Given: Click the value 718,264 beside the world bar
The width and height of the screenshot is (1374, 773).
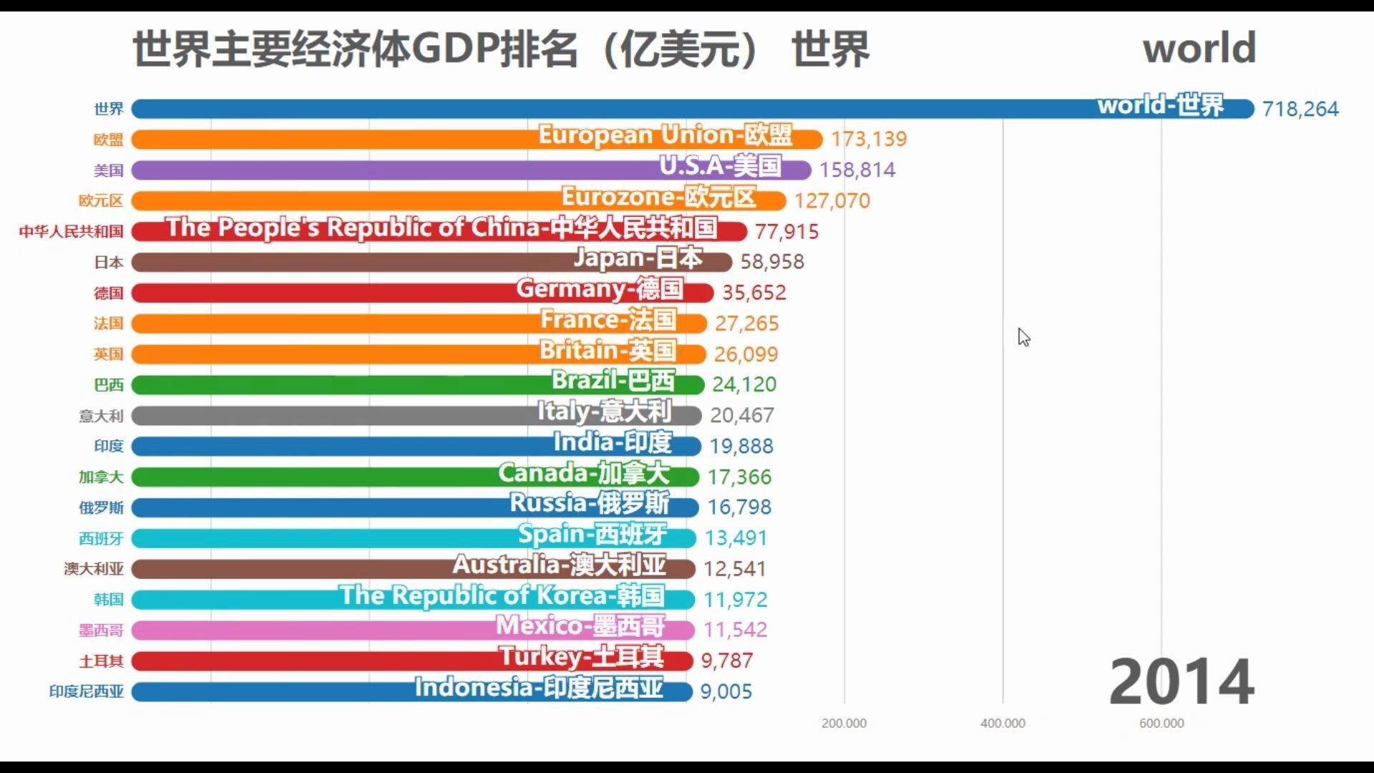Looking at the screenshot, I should click(1300, 109).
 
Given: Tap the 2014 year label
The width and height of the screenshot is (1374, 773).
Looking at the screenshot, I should click(1181, 681).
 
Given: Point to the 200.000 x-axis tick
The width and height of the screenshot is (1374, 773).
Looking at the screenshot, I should click(844, 724).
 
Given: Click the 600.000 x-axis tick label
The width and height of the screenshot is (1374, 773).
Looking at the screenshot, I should click(1161, 724).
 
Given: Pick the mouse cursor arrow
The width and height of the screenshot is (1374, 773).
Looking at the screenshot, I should click(1023, 336).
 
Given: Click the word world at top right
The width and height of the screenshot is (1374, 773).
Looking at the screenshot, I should click(1199, 48).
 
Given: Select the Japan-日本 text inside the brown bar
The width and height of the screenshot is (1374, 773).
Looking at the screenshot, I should click(638, 258).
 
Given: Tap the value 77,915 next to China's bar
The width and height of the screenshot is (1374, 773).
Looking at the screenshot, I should click(786, 232).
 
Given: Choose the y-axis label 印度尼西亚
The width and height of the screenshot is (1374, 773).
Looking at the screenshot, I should click(87, 691).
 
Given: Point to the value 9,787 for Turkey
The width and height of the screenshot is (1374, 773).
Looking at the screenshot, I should click(726, 661).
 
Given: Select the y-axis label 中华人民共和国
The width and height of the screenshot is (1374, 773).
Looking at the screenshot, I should click(72, 232).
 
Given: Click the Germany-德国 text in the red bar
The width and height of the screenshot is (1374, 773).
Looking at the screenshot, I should click(600, 289).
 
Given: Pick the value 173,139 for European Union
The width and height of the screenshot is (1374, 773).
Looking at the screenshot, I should click(869, 139).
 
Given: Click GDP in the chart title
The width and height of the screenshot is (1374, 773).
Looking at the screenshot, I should click(454, 49).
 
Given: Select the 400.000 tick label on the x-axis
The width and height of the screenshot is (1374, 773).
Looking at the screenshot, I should click(1003, 724).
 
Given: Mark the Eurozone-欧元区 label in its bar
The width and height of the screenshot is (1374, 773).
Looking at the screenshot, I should click(658, 197).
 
